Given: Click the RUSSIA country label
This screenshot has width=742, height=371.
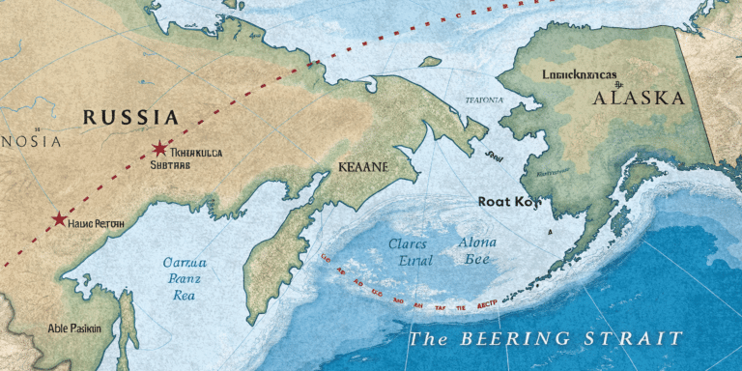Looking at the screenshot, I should point(130,118).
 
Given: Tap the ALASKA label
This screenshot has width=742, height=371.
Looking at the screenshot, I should point(640,98).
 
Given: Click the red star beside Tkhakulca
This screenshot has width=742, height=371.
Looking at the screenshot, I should point(158,149).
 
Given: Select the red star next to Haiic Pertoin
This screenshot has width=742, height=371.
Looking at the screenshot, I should point(60,219).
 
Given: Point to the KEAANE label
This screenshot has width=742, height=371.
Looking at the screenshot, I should point(363,166).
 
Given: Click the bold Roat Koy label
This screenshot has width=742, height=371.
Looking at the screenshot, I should point(505,202).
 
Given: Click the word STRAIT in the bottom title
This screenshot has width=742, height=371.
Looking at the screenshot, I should point(632,339).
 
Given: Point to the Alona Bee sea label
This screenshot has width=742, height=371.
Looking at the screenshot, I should point(475,251).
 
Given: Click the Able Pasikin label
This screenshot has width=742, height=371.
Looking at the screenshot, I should point(73,328).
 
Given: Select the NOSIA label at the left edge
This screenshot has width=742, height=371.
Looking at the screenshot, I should point(30,142).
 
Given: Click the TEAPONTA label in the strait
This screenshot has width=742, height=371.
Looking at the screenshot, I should point(483,100).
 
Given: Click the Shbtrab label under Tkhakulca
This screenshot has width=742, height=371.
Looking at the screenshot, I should point(170,165).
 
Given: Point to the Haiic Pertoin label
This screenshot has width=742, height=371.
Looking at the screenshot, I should point(98,222).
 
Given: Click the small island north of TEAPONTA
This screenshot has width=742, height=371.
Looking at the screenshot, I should point(429,62).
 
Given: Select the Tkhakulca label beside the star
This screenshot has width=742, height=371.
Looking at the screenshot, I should point(196,152).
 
